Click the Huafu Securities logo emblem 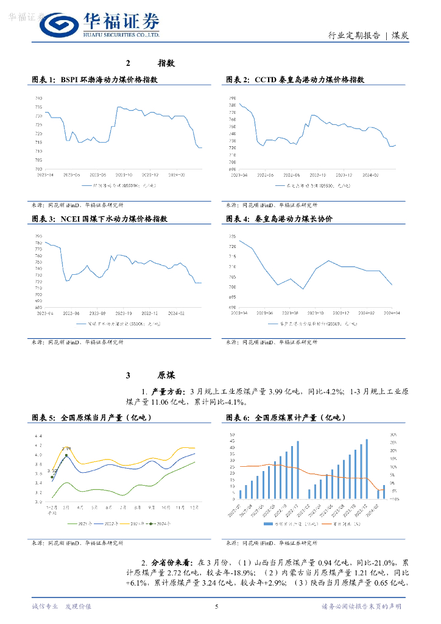click(x=59, y=25)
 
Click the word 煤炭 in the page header click(x=400, y=35)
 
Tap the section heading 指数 click(x=166, y=63)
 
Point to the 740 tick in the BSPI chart click(x=38, y=98)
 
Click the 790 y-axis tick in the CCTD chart click(x=232, y=98)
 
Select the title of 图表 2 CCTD click(x=295, y=80)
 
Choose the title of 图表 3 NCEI click(x=99, y=218)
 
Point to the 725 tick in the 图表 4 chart click(x=232, y=236)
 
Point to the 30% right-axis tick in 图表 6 click(x=394, y=434)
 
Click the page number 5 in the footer click(x=217, y=606)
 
